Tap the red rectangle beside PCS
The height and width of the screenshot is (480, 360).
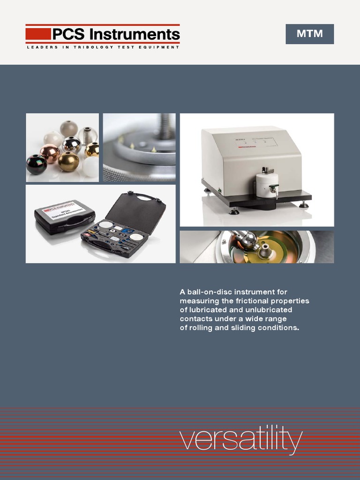[38, 34]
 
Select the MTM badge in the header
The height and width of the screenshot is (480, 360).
[309, 34]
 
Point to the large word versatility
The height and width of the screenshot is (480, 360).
[241, 439]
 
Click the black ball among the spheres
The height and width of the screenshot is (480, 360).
[36, 165]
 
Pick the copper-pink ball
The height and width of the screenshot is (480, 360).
[50, 152]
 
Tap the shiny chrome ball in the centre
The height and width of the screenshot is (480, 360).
[71, 145]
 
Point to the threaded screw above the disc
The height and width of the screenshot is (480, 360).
[165, 127]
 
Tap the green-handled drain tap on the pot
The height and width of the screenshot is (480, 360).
[273, 189]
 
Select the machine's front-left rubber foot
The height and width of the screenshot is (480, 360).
[233, 211]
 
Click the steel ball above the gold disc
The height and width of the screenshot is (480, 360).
[248, 240]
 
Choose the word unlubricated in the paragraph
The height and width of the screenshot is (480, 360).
[269, 310]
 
